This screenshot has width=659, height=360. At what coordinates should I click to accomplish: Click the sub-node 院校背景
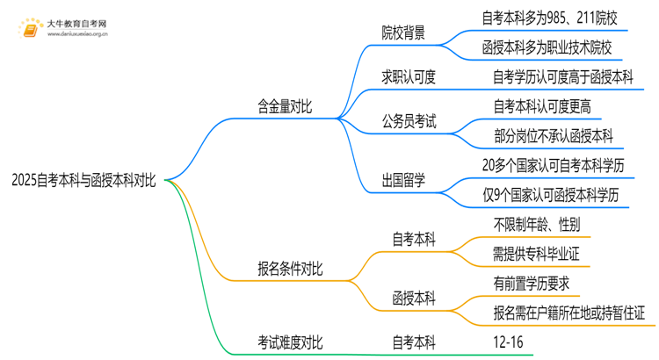402,32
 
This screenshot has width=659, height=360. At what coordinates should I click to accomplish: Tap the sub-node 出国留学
402,181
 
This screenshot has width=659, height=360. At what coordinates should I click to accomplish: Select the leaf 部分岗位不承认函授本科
554,135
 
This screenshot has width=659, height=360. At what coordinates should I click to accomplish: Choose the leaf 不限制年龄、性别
537,225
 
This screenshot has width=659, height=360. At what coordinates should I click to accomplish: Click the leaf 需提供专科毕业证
537,254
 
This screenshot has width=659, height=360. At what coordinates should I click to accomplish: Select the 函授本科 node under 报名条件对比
413,299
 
